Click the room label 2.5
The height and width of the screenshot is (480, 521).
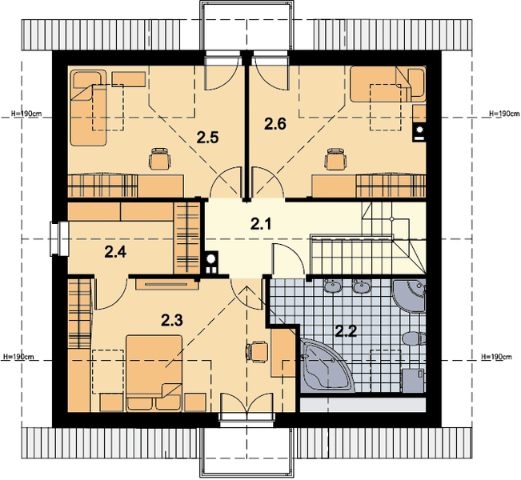pos(207,137)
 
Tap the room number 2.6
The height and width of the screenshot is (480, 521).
pos(275,124)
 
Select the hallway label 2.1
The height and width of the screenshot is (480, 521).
pos(261,224)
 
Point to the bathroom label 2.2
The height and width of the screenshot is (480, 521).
pos(346,331)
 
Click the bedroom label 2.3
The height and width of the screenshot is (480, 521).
pos(172,321)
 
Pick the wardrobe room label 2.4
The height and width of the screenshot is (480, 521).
pos(115,252)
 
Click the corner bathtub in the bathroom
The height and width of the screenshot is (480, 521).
pos(326,365)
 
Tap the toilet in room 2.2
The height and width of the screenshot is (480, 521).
pos(414,338)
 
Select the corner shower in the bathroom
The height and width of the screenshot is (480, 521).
pos(409,296)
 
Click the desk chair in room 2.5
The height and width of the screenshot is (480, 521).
pos(160,158)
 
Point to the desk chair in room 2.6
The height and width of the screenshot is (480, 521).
pos(335,158)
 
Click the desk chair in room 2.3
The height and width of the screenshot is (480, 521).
pos(257,351)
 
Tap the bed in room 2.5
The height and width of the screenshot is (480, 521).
pos(89,107)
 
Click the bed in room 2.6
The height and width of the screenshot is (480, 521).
pos(388,84)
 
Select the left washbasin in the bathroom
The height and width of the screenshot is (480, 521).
pos(333,286)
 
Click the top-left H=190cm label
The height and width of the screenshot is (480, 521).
pos(26,114)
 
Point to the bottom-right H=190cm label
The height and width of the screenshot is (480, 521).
pos(497,357)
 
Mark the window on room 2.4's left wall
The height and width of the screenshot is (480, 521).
pos(59,239)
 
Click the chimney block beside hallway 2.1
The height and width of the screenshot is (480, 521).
pos(210,262)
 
